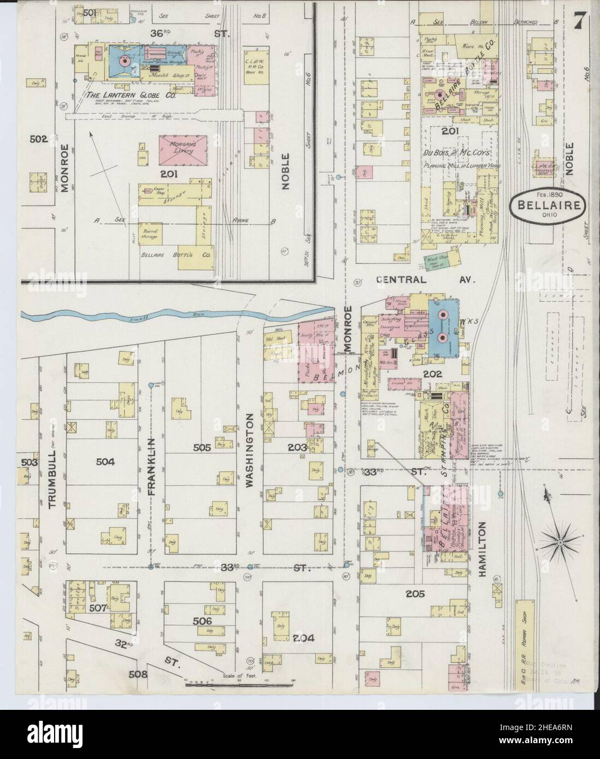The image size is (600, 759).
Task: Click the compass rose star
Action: [561, 542]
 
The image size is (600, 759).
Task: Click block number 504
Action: [105, 462]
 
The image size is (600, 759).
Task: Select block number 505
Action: [202, 448]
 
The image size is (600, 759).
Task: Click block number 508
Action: [138, 674]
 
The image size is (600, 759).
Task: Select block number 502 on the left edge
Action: [39, 139]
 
